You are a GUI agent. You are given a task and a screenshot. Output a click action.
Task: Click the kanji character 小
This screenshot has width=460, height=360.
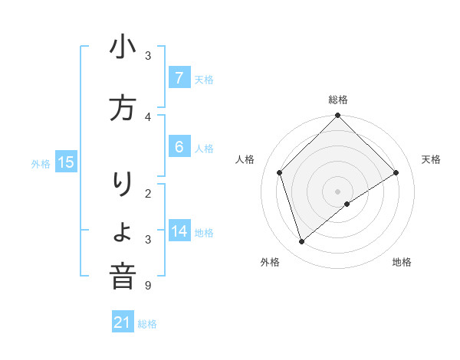(x=123, y=50)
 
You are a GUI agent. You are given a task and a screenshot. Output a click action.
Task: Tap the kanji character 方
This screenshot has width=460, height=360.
(x=123, y=109)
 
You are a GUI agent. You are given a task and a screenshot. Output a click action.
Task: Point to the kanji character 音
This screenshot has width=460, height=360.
(x=123, y=277)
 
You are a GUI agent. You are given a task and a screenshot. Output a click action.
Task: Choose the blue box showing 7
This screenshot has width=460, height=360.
(x=179, y=78)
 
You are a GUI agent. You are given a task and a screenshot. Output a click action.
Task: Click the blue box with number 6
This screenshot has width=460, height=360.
(x=179, y=147)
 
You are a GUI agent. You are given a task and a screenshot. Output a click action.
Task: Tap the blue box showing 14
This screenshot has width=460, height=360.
(x=179, y=231)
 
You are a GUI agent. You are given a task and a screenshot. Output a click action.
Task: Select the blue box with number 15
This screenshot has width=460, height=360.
(x=66, y=162)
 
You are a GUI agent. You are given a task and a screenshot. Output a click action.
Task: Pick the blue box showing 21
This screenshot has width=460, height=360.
(x=123, y=322)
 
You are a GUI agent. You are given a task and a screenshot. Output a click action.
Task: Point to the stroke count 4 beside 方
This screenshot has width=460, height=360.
(x=148, y=116)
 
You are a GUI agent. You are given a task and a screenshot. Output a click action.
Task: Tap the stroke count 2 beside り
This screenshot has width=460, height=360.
(x=148, y=194)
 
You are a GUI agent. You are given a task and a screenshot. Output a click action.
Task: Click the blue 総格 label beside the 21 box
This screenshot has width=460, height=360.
(x=147, y=324)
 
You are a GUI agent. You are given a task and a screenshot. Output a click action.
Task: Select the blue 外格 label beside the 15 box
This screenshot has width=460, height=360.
(x=41, y=163)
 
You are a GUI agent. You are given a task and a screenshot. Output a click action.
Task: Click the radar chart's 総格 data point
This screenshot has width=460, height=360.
(x=337, y=116)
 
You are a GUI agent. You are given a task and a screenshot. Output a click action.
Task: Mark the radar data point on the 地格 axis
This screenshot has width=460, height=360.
(x=347, y=204)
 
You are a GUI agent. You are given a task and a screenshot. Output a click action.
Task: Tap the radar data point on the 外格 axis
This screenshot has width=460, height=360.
(x=302, y=242)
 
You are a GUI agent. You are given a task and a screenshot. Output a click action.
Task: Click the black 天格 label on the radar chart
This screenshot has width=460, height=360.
(x=431, y=159)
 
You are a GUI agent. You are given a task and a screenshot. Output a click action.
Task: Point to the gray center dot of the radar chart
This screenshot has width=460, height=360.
(x=337, y=191)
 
